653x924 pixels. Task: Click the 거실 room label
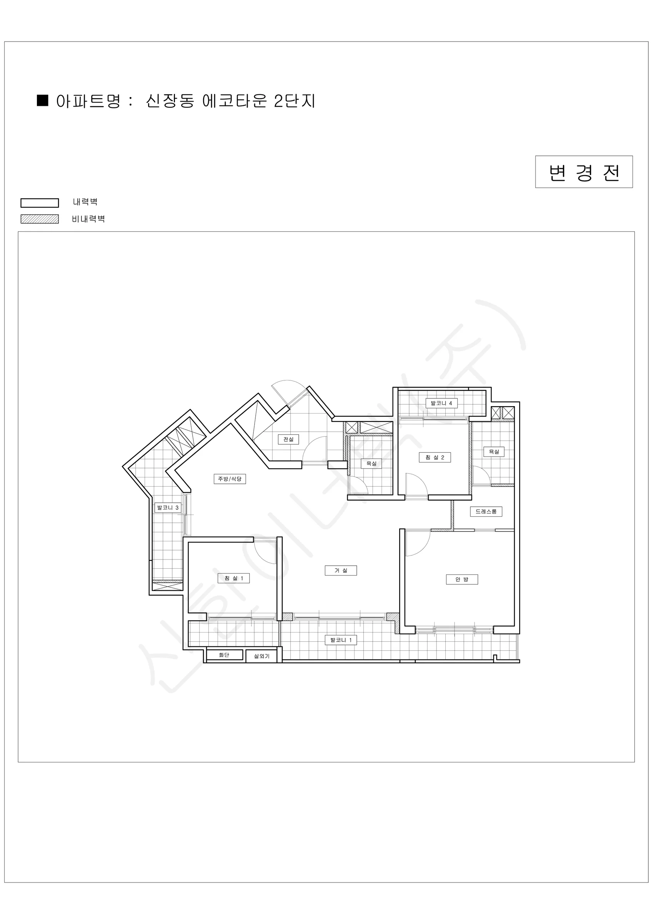tap(341, 570)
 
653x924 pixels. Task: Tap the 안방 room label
tap(461, 579)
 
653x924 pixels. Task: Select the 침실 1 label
tap(233, 578)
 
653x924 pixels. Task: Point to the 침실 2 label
tap(435, 457)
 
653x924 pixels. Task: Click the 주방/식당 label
tap(230, 479)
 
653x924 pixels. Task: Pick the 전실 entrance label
tap(288, 439)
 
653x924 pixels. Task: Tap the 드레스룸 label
tap(486, 512)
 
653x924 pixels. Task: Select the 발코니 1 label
tap(341, 640)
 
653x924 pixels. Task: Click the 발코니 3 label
tap(168, 508)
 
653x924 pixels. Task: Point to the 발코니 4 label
tap(441, 403)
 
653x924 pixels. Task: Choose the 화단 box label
tap(224, 655)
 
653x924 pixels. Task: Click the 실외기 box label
tap(262, 656)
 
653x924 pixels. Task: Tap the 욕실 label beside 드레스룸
tap(494, 452)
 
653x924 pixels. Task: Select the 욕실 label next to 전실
tap(371, 464)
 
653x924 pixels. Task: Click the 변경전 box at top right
tap(584, 172)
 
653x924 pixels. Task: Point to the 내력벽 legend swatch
tap(39, 203)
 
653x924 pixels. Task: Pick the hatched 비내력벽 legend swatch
tap(39, 219)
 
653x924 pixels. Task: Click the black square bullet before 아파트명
tap(43, 100)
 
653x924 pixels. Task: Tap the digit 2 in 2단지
tap(279, 101)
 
